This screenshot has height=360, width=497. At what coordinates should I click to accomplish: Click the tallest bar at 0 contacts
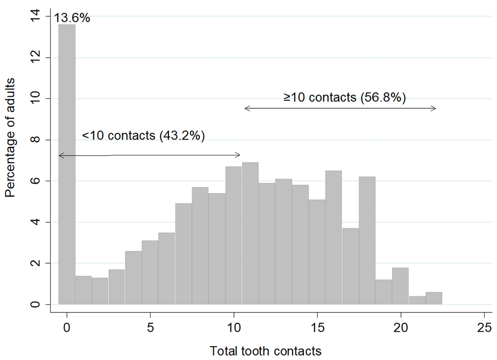(67, 164)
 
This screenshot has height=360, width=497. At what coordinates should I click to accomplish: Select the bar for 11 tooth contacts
(250, 233)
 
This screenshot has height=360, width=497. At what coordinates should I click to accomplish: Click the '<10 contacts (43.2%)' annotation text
(144, 136)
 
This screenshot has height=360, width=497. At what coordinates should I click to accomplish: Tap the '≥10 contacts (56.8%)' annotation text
(345, 97)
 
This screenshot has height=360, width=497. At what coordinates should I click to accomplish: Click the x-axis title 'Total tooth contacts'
(265, 352)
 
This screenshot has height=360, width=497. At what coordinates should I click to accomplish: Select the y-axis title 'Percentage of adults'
(10, 137)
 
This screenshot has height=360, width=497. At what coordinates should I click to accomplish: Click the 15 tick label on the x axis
(317, 327)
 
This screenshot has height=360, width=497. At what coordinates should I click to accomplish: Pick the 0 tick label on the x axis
(67, 327)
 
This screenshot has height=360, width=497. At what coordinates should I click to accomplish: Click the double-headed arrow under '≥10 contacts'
(340, 109)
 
